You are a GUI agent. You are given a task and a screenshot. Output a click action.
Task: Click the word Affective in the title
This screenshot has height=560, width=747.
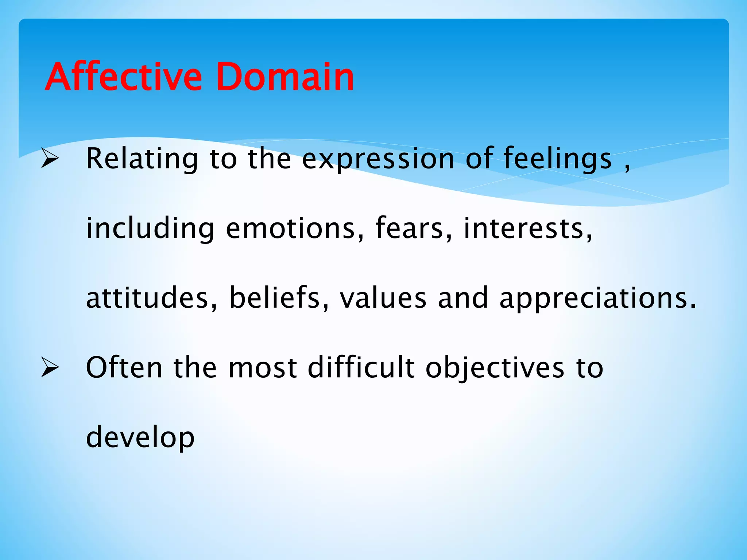[x=123, y=77]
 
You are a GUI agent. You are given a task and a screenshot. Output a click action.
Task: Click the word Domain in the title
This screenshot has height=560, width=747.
[x=285, y=77]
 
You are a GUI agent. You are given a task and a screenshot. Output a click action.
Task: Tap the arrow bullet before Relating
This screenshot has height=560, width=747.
[x=50, y=159]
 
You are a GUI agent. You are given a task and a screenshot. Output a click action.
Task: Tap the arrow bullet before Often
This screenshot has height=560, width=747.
[x=50, y=367]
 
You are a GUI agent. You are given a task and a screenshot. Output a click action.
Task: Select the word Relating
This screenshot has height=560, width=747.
[x=142, y=159]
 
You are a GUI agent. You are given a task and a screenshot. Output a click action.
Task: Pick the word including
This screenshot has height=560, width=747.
[x=150, y=229]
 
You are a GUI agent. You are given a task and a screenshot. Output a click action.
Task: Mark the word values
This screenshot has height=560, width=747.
[x=383, y=298]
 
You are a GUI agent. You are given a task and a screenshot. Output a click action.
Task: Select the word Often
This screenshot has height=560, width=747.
[x=124, y=367]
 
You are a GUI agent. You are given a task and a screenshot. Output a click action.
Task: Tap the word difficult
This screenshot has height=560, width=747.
[x=361, y=367]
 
